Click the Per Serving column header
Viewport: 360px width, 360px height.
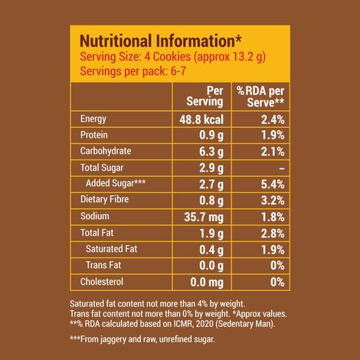(x=205, y=96)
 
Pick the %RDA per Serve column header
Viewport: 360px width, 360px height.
(x=260, y=96)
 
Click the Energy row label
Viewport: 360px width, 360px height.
(x=97, y=119)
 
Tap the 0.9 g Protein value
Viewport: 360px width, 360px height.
(x=210, y=135)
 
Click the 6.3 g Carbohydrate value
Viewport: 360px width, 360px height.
(x=210, y=152)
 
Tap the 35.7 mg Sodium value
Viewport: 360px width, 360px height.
(x=202, y=216)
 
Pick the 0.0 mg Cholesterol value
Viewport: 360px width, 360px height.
(x=205, y=281)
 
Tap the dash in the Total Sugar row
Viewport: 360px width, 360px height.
(x=281, y=168)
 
